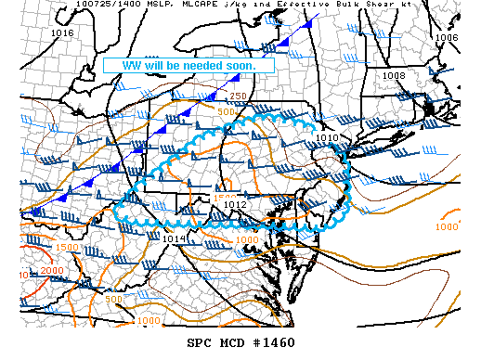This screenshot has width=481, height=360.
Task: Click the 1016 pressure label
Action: (63, 33)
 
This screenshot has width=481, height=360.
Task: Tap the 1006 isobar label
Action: (447, 38)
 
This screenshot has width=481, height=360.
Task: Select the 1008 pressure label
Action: (394, 75)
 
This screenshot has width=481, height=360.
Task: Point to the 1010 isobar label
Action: (327, 137)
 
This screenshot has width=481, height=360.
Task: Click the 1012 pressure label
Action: (235, 205)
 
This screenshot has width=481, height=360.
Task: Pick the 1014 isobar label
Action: (173, 238)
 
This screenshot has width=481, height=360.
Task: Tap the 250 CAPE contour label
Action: (239, 96)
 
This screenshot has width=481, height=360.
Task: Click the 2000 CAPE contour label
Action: (54, 271)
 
